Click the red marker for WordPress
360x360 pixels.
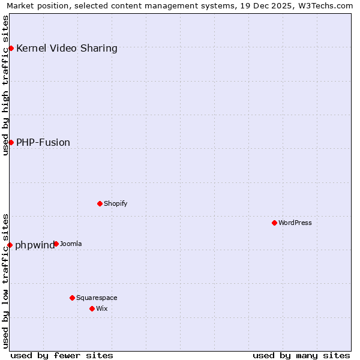point(274,223)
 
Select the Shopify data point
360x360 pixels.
point(100,203)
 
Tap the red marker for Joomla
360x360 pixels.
point(56,244)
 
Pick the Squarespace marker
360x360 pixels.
point(72,298)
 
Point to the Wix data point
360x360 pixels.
point(92,308)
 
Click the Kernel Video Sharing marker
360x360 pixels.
point(11,48)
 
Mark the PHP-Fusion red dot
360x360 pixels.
point(11,142)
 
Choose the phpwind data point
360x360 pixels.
point(10,245)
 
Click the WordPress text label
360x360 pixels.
point(295,223)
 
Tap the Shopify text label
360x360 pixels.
point(116,204)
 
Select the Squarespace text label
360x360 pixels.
point(97,298)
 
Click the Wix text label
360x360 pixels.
point(102,309)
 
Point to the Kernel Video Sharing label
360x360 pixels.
point(67,49)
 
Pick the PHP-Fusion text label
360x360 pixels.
point(43,143)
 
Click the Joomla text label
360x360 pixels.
point(71,244)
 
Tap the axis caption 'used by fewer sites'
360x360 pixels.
point(62,356)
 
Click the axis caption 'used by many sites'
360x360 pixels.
point(301,356)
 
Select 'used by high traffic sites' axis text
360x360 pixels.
point(5,85)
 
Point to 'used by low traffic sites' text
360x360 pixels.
point(5,281)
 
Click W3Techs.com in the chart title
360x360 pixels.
point(325,5)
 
